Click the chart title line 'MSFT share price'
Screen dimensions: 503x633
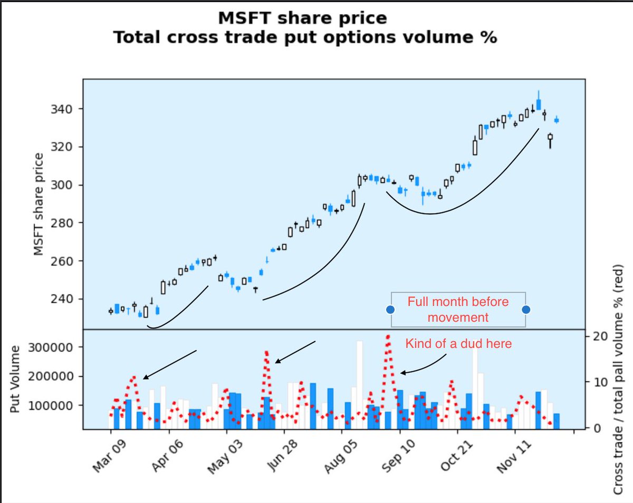click(302, 18)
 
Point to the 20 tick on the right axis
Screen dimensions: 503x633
click(601, 336)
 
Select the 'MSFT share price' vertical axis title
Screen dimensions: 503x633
click(38, 204)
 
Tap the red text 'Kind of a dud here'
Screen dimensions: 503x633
click(458, 344)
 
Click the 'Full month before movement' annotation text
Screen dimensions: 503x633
click(458, 310)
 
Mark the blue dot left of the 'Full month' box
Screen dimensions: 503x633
click(390, 309)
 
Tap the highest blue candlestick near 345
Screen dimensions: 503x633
click(539, 103)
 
